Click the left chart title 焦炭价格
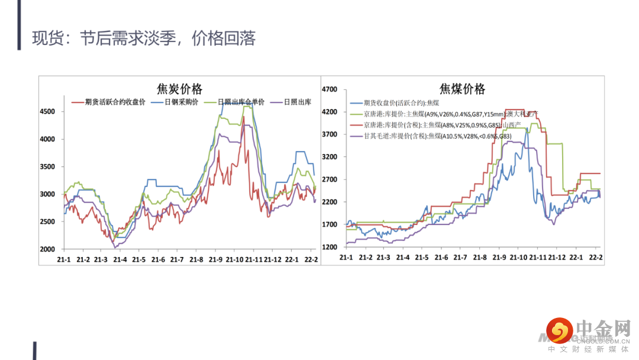pyautogui.click(x=179, y=89)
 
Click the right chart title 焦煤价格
pyautogui.click(x=462, y=89)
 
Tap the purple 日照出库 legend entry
pyautogui.click(x=297, y=102)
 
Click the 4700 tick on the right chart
pyautogui.click(x=329, y=89)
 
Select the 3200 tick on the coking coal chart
pyautogui.click(x=329, y=157)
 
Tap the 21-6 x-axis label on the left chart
pyautogui.click(x=158, y=260)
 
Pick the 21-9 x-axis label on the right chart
pyautogui.click(x=499, y=258)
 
